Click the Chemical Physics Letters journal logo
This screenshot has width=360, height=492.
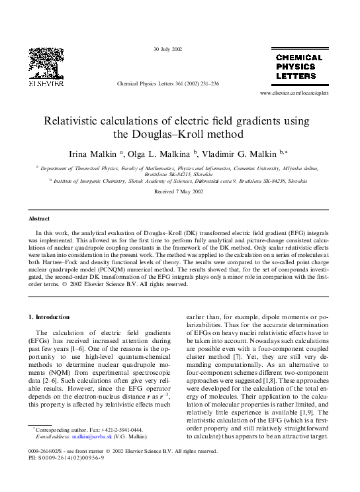pyautogui.click(x=298, y=68)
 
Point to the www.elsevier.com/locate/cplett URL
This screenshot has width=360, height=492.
pyautogui.click(x=294, y=93)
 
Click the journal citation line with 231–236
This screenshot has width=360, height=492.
pyautogui.click(x=167, y=85)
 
